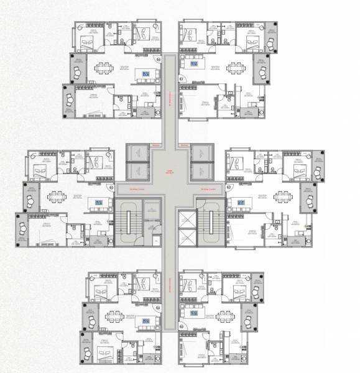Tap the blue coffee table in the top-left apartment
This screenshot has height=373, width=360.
pyautogui.click(x=145, y=74)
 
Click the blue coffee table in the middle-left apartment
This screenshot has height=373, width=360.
pyautogui.click(x=98, y=201)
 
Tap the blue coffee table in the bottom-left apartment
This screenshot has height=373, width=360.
pyautogui.click(x=146, y=321)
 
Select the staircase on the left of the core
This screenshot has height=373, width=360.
pyautogui.click(x=129, y=222)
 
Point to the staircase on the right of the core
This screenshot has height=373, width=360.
pyautogui.click(x=210, y=222)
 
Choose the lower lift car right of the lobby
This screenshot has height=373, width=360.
pyautogui.click(x=201, y=170)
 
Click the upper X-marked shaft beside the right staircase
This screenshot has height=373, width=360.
pyautogui.click(x=186, y=221)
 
